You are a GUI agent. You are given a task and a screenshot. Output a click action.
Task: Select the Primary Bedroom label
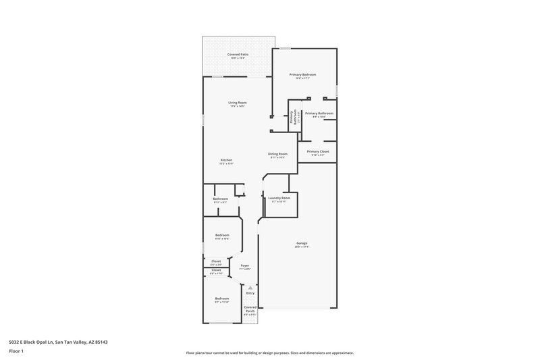click(302, 75)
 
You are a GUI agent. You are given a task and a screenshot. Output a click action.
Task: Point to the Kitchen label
click(225, 161)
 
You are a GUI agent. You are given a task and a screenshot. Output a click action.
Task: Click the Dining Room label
click(278, 155)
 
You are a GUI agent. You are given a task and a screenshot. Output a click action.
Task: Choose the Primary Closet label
click(317, 152)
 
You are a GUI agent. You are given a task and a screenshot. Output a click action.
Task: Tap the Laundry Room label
click(279, 199)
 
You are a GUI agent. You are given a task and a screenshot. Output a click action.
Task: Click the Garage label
click(302, 245)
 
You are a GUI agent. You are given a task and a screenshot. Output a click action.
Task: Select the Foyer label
click(245, 266)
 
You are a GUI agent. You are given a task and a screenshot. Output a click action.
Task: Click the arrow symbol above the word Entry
click(250, 287)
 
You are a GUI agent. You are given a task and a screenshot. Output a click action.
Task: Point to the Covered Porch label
click(250, 307)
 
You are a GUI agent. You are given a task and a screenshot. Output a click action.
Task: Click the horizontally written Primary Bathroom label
click(319, 114)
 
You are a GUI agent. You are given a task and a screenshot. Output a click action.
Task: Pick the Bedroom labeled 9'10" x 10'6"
click(222, 236)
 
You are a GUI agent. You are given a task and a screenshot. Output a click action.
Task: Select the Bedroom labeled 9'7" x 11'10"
click(222, 299)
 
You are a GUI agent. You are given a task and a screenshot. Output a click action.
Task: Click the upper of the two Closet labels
click(216, 261)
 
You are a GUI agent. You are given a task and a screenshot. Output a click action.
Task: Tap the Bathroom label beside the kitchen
click(220, 199)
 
